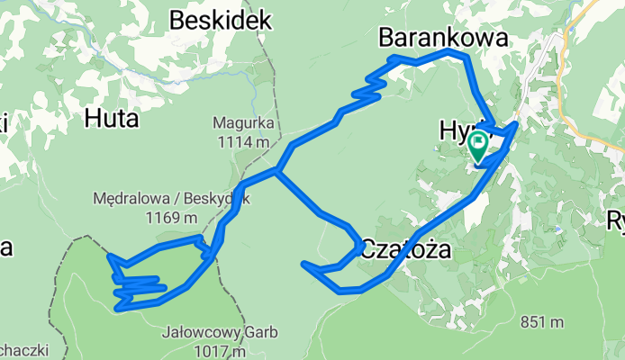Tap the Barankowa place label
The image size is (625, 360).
[x=443, y=37]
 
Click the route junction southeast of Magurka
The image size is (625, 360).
[x=277, y=170]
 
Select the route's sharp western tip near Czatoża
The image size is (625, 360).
[x=304, y=264]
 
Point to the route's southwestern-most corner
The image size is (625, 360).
[x=118, y=309]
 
